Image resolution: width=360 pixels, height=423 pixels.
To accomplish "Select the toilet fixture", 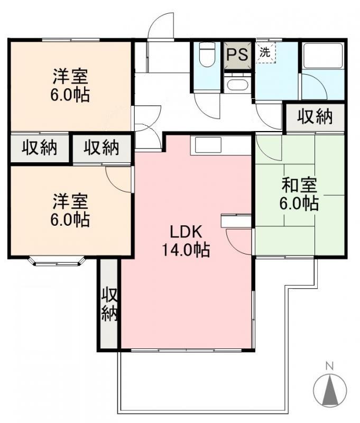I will tap(207, 56).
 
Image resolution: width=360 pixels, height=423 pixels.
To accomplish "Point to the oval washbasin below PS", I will tap(236, 85).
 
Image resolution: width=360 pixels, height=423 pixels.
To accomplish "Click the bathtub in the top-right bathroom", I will tap(323, 56).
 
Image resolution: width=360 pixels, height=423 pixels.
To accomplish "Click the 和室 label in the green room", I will tap(299, 186).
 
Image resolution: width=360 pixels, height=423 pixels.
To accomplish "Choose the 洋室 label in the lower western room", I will tap(70, 201).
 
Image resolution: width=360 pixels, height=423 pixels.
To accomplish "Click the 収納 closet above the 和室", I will tap(315, 117).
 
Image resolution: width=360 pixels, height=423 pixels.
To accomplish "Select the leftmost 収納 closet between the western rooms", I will tap(39, 149).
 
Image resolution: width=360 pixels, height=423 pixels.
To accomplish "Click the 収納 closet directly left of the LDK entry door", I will tap(101, 149).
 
